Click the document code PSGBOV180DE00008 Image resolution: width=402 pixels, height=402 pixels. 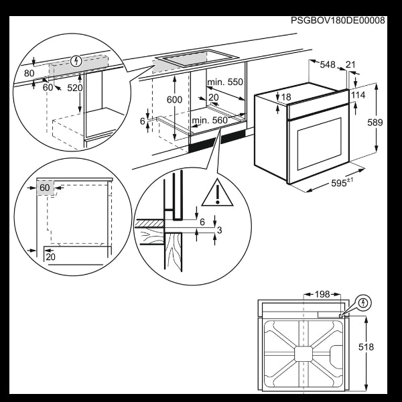click(338, 21)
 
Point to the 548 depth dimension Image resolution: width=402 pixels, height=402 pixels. click(327, 64)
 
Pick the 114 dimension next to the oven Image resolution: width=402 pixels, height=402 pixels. click(358, 95)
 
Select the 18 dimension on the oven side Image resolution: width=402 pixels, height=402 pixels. click(286, 98)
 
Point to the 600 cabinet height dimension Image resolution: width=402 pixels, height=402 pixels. click(174, 98)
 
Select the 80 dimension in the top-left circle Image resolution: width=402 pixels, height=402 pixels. click(29, 73)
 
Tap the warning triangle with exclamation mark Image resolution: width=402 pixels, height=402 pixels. click(220, 192)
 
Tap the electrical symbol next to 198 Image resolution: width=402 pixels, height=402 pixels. click(362, 303)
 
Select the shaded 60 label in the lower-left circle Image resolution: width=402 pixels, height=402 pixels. click(45, 188)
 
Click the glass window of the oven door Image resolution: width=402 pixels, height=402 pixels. click(318, 143)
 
